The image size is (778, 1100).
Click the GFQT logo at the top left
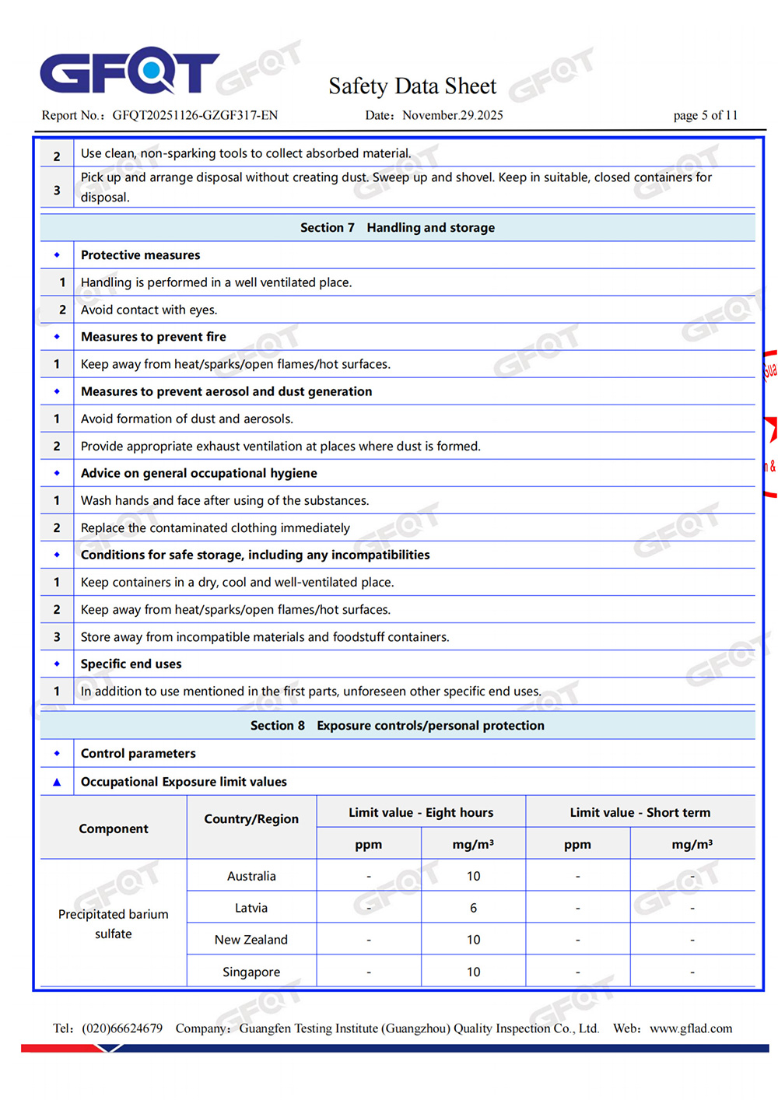(129, 72)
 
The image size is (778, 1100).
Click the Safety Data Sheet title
(412, 86)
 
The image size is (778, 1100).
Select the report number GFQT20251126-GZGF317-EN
(194, 115)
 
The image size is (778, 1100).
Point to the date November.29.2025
(452, 115)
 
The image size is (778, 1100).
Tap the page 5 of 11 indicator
(705, 115)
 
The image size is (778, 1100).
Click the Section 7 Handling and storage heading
(398, 227)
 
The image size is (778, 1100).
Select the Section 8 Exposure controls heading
(398, 725)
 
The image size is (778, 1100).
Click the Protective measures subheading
(140, 255)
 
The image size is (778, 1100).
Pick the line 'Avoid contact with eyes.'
(149, 310)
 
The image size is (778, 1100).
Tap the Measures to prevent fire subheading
(153, 337)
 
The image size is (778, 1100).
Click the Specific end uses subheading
(131, 664)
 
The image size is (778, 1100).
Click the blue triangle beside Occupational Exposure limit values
(57, 782)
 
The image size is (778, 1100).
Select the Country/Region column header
(251, 818)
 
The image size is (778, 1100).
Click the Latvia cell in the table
(251, 908)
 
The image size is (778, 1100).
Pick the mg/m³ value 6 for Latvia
(473, 908)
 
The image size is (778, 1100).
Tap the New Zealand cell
(251, 940)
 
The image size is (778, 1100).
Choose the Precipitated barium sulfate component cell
(114, 923)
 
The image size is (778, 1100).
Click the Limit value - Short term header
(640, 812)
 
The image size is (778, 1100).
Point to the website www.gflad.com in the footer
(691, 1028)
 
